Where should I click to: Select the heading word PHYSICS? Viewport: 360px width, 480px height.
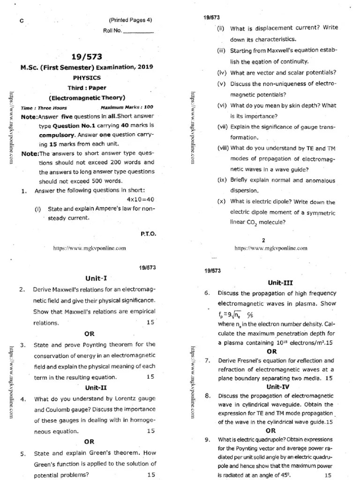tap(87, 78)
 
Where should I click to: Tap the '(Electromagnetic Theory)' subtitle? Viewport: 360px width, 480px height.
tap(87, 98)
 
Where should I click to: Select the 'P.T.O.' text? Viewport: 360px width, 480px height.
tap(148, 233)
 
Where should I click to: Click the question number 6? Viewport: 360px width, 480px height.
tap(207, 293)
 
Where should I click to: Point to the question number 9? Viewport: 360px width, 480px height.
tap(207, 440)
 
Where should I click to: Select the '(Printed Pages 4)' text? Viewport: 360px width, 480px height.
tap(130, 20)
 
